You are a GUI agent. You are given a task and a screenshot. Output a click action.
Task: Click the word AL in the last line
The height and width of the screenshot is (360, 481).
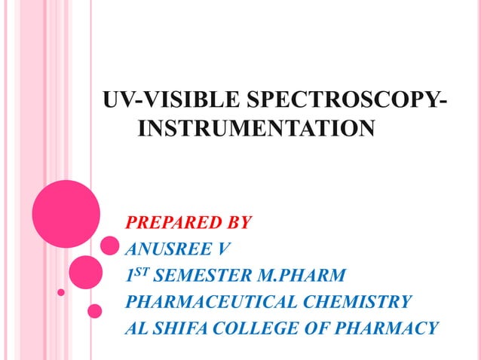(x=136, y=328)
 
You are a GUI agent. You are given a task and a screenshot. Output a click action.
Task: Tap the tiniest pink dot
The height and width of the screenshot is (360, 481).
(x=62, y=292)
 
